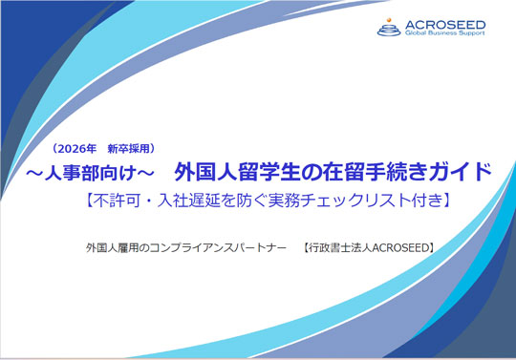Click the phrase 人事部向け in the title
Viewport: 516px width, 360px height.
(x=83, y=173)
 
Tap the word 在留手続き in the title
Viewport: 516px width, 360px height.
(x=366, y=173)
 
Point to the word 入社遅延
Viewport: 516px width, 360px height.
(x=185, y=201)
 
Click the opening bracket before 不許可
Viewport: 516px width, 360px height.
(x=83, y=201)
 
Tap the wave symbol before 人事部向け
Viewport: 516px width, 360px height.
(x=34, y=173)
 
